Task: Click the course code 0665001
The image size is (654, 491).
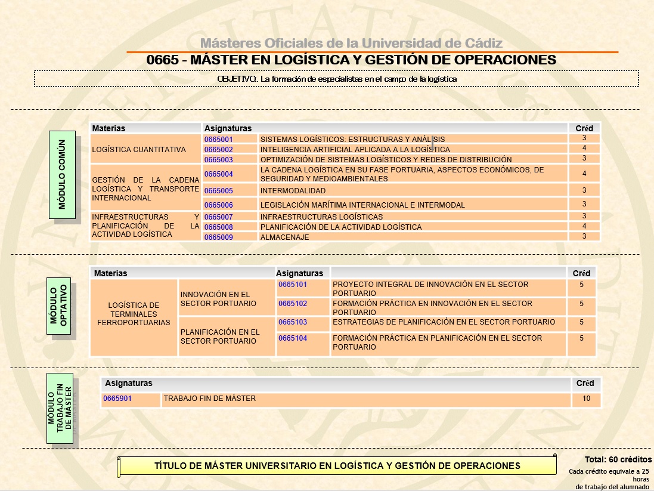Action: point(218,140)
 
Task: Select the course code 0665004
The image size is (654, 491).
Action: point(218,174)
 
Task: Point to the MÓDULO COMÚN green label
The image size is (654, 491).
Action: point(62,175)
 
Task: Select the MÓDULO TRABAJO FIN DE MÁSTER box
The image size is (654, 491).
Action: point(60,409)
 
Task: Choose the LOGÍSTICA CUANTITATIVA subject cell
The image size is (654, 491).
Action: point(139,150)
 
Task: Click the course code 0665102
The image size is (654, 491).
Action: point(293,304)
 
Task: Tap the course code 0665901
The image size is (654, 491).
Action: point(117,399)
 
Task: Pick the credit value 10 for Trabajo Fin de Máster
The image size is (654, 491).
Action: point(587,399)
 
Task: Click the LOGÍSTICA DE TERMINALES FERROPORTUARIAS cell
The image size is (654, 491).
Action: point(134,314)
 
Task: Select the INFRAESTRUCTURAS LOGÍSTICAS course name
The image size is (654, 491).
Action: point(321,217)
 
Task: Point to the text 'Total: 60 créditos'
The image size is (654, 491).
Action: point(618,460)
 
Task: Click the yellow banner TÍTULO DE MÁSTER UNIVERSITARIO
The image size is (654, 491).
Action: point(337,466)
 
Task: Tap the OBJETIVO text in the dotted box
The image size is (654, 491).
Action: point(337,79)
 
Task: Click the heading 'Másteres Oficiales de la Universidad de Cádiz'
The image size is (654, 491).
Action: point(351,43)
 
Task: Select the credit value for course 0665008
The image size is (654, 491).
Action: point(584,226)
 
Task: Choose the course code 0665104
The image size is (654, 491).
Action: point(293,338)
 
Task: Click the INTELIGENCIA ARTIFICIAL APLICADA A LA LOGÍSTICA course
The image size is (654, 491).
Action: point(355,150)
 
